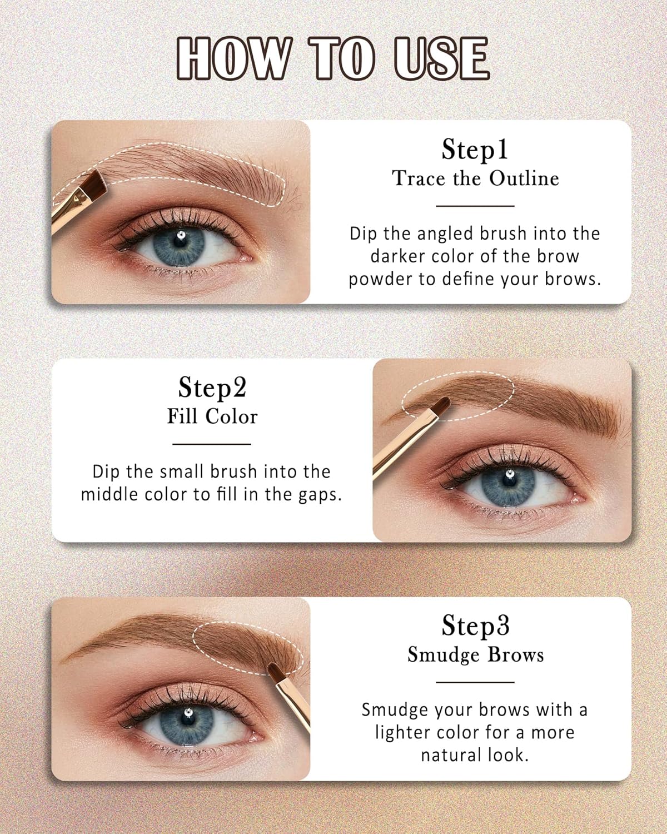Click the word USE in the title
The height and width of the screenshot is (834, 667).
[x=441, y=58]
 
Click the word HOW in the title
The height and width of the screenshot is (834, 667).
[x=234, y=58]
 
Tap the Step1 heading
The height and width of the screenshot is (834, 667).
[x=475, y=149]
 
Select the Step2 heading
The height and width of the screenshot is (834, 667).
[x=212, y=388]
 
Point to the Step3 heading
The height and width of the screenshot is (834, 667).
[x=475, y=625]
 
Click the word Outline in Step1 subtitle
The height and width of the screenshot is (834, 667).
[x=524, y=178]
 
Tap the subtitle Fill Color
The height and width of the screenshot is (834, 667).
[x=212, y=416]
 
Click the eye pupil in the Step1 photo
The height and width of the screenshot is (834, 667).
[x=180, y=244]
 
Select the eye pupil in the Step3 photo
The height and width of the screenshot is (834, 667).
[x=187, y=720]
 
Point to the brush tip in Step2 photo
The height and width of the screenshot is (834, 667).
[x=443, y=404]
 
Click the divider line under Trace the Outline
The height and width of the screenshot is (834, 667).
[x=475, y=206]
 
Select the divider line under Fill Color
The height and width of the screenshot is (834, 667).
[x=212, y=444]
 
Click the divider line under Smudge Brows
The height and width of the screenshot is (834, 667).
[x=475, y=682]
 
